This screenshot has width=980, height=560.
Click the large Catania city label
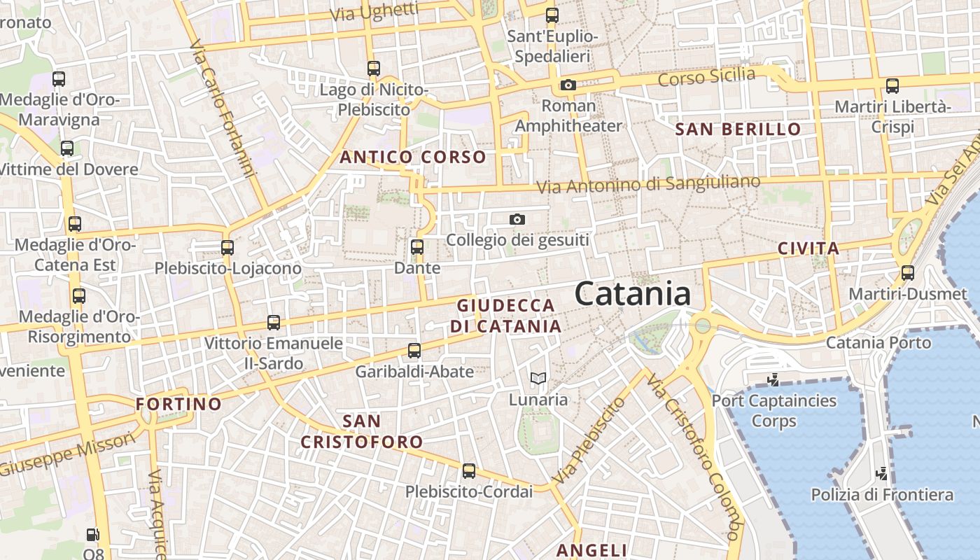(x=633, y=294)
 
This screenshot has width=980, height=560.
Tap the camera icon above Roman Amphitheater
(x=568, y=85)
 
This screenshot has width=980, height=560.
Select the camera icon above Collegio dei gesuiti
(x=517, y=220)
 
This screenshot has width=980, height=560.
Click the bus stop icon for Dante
(x=417, y=247)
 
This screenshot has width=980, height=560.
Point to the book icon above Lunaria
(x=538, y=379)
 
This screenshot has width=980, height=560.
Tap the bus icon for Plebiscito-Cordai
(x=469, y=471)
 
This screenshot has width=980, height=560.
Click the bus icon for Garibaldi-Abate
(x=414, y=351)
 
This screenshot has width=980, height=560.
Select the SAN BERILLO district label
(x=738, y=129)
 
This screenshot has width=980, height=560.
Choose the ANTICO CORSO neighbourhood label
(x=413, y=157)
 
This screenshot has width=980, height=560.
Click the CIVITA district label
(x=808, y=248)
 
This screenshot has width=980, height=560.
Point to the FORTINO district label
(x=178, y=404)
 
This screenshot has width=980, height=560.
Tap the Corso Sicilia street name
(x=706, y=76)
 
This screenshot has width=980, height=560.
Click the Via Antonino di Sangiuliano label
(x=648, y=184)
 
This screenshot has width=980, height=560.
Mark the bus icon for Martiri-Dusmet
(x=908, y=273)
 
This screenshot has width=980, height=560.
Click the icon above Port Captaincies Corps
(x=773, y=380)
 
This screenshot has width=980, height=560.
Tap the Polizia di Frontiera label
(x=882, y=495)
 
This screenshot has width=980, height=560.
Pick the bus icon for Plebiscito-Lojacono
(x=227, y=247)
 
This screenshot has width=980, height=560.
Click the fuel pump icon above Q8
(x=93, y=535)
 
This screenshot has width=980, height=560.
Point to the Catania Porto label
(x=878, y=343)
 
